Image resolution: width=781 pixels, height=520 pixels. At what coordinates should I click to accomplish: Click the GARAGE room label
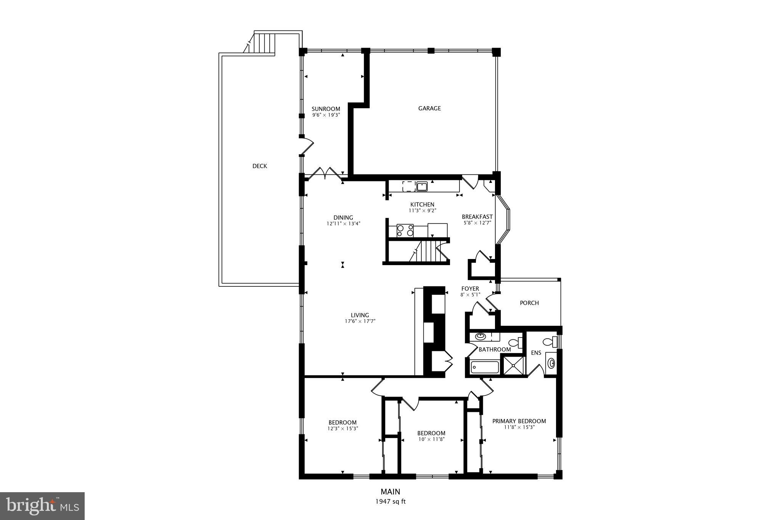tap(429, 108)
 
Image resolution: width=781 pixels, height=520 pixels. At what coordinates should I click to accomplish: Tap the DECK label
tap(260, 166)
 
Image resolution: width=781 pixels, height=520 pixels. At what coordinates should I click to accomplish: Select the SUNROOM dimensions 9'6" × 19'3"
tap(326, 115)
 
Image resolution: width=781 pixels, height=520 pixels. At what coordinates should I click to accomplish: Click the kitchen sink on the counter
tap(422, 186)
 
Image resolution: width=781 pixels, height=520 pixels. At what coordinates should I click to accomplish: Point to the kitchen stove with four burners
tap(405, 230)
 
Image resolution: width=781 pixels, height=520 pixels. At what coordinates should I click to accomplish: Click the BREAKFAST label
tap(477, 217)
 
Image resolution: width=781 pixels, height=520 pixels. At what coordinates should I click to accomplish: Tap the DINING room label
tap(343, 218)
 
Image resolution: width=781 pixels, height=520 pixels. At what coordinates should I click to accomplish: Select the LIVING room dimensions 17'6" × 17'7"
tap(360, 321)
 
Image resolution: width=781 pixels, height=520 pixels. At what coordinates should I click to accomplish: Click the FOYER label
tap(470, 289)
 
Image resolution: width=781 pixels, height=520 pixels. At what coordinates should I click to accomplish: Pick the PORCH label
tap(529, 303)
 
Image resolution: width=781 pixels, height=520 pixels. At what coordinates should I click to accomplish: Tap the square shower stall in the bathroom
tap(513, 365)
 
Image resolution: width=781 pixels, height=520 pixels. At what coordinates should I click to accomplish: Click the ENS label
tap(536, 353)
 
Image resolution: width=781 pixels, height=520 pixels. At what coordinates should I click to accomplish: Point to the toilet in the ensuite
tap(549, 341)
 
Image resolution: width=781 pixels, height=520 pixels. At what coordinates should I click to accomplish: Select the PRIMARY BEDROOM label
tap(519, 421)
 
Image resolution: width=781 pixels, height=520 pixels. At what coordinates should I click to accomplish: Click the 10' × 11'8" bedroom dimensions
tap(431, 439)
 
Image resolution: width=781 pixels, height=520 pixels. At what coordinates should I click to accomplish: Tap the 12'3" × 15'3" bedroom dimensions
tap(342, 428)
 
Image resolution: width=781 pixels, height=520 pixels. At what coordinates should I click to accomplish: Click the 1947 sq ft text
tap(390, 502)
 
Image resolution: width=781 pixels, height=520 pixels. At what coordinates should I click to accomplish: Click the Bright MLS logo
tap(42, 506)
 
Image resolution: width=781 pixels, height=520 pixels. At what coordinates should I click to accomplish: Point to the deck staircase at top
tap(265, 43)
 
